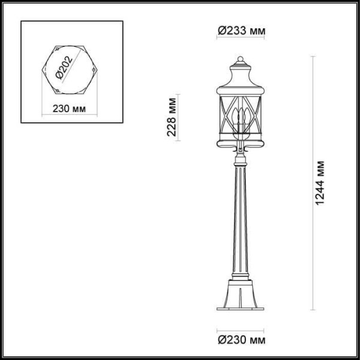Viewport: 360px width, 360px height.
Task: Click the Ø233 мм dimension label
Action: click(x=240, y=30)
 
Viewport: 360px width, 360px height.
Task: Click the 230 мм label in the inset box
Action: click(x=68, y=109)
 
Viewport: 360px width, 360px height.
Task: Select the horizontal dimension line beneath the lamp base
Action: click(x=240, y=329)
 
